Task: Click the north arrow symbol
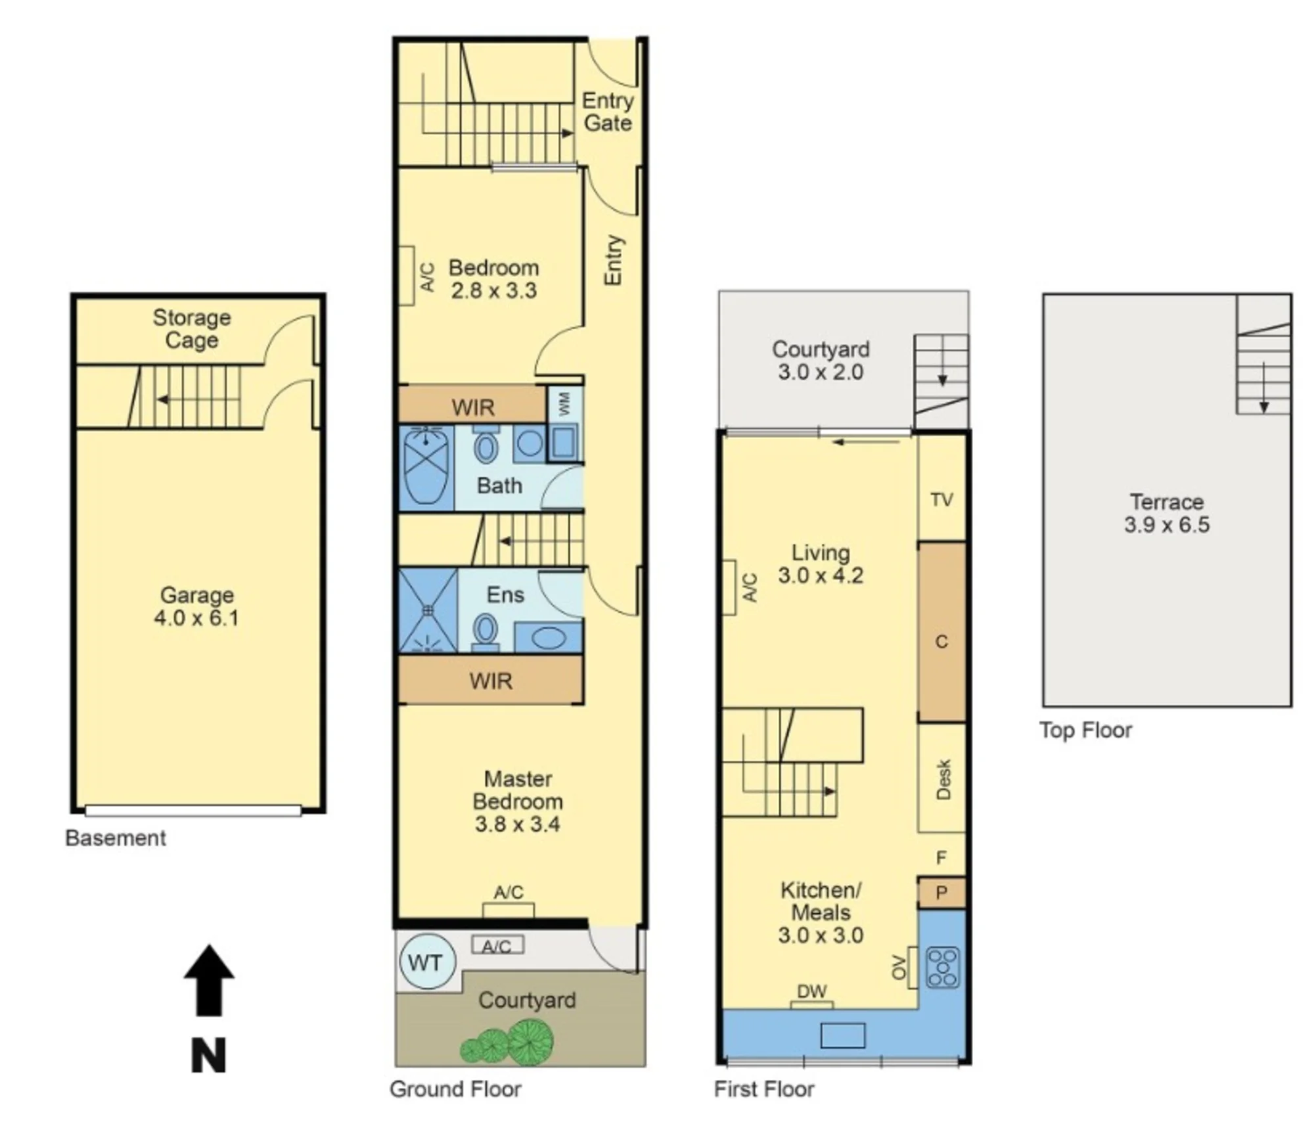[209, 980]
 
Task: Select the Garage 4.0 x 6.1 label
[196, 606]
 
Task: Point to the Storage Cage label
[192, 328]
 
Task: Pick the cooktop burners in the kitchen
[943, 968]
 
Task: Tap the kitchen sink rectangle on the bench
[843, 1036]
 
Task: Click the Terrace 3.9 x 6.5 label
[1167, 514]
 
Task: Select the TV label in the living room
[941, 500]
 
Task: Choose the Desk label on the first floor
[943, 780]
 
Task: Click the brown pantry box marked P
[941, 893]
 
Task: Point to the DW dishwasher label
[812, 992]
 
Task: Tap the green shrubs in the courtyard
[507, 1042]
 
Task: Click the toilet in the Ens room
[486, 631]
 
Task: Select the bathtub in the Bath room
[426, 467]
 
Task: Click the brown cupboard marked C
[941, 633]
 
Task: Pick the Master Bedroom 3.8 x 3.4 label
[518, 801]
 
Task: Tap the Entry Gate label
[608, 112]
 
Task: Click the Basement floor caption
[116, 838]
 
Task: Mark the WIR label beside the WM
[473, 408]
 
